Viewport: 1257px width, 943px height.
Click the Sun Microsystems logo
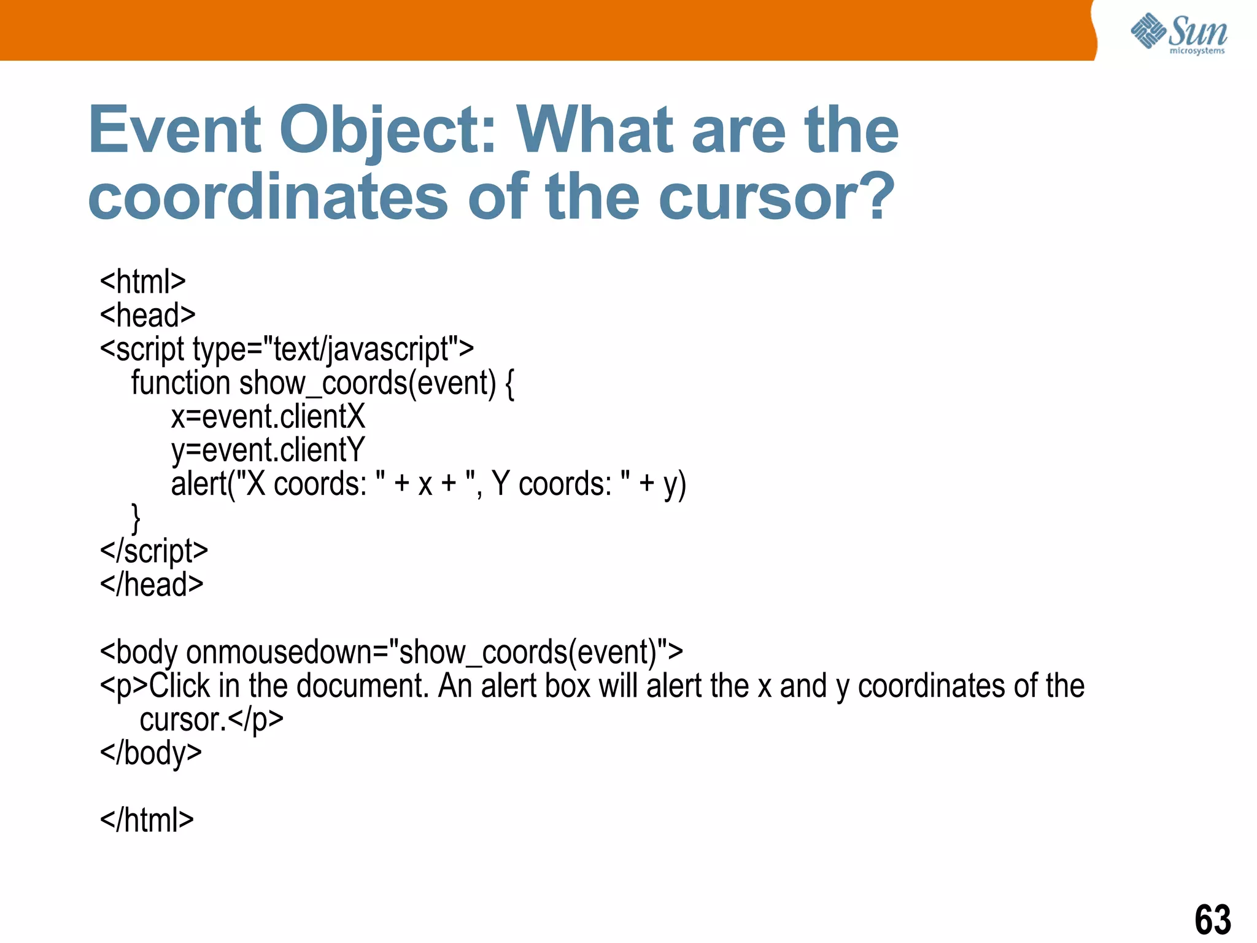point(1178,33)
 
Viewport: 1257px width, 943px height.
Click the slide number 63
point(1212,920)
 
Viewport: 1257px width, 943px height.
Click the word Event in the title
point(174,130)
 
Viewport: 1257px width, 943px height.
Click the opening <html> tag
point(142,282)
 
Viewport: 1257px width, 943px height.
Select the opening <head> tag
point(147,316)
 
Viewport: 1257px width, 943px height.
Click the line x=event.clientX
point(268,416)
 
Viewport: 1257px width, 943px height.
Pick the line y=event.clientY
point(268,451)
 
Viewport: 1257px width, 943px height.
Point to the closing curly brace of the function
point(136,518)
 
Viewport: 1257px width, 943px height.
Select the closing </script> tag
point(153,551)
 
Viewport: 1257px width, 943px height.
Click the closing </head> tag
point(152,584)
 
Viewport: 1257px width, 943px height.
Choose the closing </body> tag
point(150,753)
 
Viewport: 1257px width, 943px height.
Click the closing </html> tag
point(147,820)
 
